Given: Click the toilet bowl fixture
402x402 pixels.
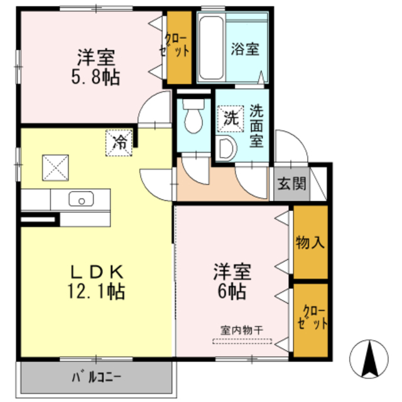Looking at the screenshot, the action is click(193, 116).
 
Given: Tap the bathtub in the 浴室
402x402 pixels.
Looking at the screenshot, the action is click(211, 48).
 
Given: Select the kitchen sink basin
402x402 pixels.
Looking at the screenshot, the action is click(81, 198).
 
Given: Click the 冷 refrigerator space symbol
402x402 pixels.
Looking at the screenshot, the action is click(119, 143).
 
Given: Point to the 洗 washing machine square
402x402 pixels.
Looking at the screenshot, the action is click(231, 119).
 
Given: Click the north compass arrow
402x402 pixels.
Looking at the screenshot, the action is click(369, 359).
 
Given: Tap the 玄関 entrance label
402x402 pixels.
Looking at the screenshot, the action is click(291, 183).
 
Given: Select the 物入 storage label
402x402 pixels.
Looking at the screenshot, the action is click(310, 242).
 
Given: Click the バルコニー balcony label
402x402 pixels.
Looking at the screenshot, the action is click(96, 377).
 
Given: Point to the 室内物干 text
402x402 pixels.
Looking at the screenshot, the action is click(241, 330).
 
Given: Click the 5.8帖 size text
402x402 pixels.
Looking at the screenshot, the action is click(95, 77).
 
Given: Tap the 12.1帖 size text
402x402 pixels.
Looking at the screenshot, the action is click(96, 291).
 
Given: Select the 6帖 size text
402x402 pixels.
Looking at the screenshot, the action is click(232, 291).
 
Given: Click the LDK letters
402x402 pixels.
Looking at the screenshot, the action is click(97, 272).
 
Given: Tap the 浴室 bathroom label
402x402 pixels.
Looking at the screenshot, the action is click(245, 49).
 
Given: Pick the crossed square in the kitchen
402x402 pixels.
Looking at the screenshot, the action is click(55, 168).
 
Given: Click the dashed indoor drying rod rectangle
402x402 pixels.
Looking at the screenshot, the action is click(242, 341).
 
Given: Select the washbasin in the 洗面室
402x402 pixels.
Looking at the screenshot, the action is click(225, 149).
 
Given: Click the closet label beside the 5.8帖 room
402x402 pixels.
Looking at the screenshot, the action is click(175, 45).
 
